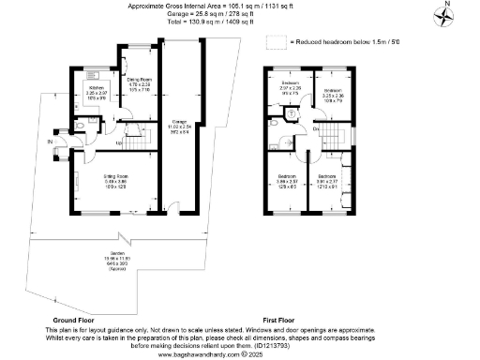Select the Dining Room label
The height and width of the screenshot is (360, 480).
pyautogui.click(x=141, y=84)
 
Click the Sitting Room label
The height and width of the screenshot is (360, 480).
pyautogui.click(x=116, y=181)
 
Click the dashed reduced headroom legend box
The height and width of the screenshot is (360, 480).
pyautogui.click(x=274, y=41)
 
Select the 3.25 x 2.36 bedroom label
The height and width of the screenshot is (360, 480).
pyautogui.click(x=334, y=95)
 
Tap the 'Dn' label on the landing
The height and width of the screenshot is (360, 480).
pyautogui.click(x=315, y=127)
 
